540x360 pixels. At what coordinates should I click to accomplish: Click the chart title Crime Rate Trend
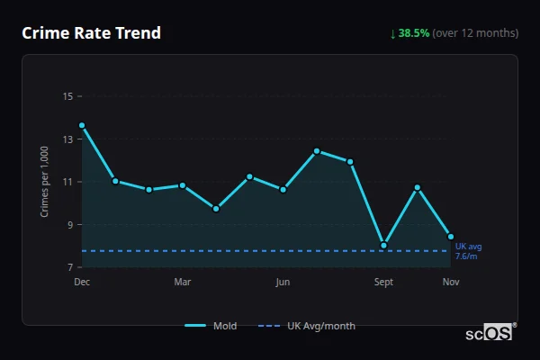[x=91, y=33]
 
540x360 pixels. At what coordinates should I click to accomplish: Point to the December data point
[x=82, y=126]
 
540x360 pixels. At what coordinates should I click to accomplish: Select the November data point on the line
[x=451, y=237]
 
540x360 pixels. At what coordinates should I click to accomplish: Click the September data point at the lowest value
[x=383, y=245]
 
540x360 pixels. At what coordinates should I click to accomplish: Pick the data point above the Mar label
[x=183, y=185]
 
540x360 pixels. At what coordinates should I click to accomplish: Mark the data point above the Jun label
[x=283, y=189]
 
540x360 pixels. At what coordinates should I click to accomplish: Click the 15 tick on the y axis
[x=67, y=96]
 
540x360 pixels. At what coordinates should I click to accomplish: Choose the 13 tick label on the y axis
[x=67, y=139]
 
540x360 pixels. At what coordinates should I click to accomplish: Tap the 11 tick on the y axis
[x=67, y=182]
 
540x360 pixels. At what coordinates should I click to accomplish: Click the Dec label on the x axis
[x=82, y=283]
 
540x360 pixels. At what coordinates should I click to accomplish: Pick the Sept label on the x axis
[x=383, y=283]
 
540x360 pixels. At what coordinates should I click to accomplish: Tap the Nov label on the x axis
[x=451, y=283]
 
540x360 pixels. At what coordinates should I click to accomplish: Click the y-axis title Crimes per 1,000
[x=45, y=182]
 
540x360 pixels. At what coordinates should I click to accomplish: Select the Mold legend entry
[x=211, y=326]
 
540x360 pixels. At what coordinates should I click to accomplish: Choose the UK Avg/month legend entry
[x=307, y=326]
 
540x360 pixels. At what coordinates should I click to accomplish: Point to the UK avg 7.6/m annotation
[x=468, y=251]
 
